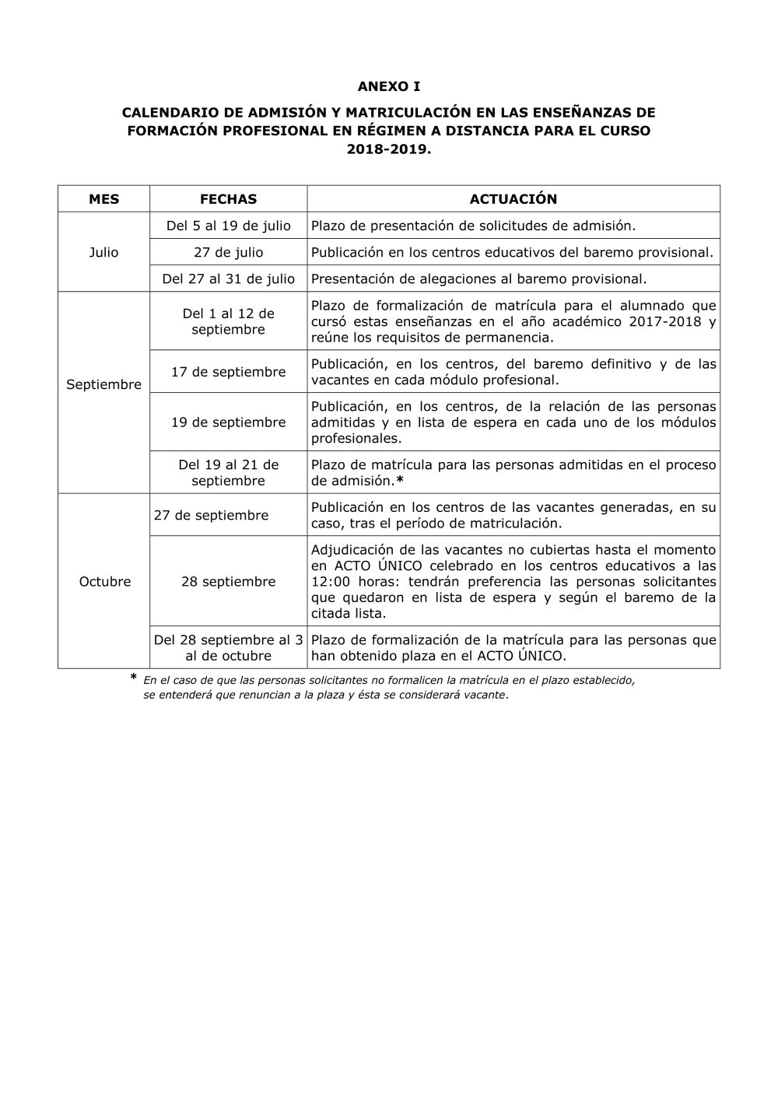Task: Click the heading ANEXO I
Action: click(388, 86)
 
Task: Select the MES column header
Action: click(104, 199)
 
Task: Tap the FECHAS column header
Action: click(228, 199)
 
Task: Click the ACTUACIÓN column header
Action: click(513, 199)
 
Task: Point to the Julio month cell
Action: click(104, 252)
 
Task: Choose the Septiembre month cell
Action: click(104, 384)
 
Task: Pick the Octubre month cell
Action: click(104, 581)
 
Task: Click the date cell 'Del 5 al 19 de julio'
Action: click(228, 226)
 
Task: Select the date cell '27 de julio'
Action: click(228, 252)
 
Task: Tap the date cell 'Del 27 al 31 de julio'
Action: click(228, 279)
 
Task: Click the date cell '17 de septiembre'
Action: click(228, 372)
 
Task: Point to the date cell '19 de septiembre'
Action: click(228, 422)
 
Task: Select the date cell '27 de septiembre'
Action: click(212, 515)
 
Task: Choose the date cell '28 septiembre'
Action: click(228, 581)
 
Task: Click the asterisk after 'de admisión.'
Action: click(400, 481)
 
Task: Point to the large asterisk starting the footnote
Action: click(133, 679)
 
